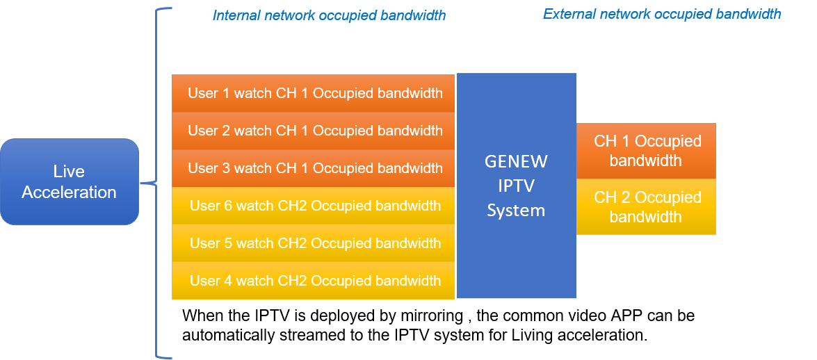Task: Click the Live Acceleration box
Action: [x=70, y=182]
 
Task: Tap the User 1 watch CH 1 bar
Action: [x=314, y=93]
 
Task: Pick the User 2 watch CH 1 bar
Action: [x=314, y=131]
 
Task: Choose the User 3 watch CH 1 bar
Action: [x=314, y=168]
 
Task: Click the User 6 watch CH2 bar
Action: [x=314, y=206]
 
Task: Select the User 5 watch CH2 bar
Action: [x=314, y=243]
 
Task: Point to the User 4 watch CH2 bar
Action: [x=314, y=281]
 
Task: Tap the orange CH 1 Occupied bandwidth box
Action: [x=646, y=151]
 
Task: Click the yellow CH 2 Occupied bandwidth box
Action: [x=646, y=207]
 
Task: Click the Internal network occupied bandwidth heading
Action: [x=329, y=15]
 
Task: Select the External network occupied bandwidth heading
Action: [x=661, y=14]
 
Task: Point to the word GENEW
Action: [x=516, y=162]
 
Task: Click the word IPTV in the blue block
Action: [x=516, y=186]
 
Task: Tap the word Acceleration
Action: [x=70, y=193]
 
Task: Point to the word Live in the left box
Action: [x=70, y=172]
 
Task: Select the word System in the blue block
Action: [x=516, y=211]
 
